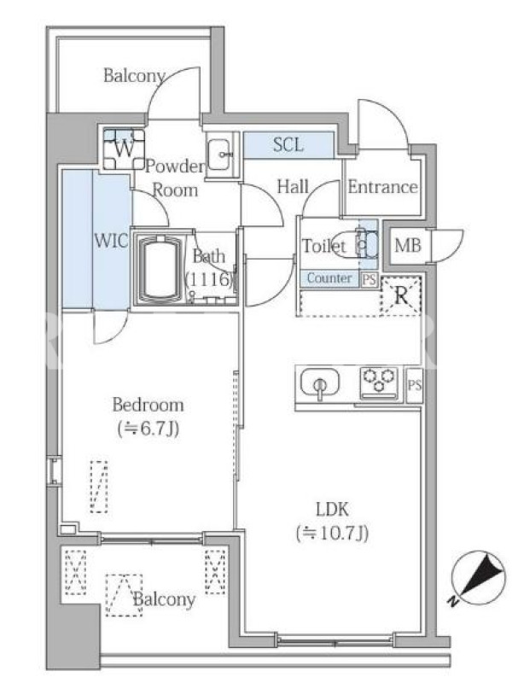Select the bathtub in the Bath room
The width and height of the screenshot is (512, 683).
(159, 267)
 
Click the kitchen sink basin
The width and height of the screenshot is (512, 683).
(320, 383)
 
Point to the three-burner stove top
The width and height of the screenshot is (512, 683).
(379, 382)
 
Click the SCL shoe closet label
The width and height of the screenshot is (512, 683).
(288, 144)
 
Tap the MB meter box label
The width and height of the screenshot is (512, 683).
(408, 246)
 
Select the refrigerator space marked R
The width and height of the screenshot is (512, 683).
(401, 296)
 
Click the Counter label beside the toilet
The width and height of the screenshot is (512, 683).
(329, 278)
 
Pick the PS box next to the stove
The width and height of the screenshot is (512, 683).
(414, 385)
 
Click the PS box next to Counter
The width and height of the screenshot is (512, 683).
(369, 279)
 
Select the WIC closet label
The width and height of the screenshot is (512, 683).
(112, 241)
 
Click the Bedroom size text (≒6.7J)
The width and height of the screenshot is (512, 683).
(148, 429)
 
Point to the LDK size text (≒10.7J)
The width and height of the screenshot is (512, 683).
(333, 533)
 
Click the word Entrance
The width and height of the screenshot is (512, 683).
(382, 187)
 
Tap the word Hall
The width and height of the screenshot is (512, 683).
(293, 187)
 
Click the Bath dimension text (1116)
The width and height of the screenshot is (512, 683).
(210, 279)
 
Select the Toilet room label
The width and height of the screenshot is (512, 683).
(324, 246)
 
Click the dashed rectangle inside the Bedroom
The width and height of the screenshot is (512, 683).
(99, 487)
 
